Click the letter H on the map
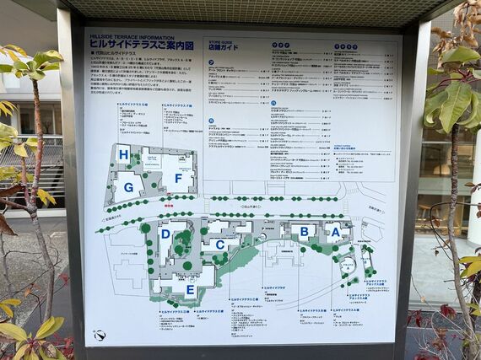point(123,154)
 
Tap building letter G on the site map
point(129,187)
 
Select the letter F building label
point(178,178)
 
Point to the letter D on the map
point(165,234)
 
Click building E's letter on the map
point(190,289)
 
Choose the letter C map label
point(220,244)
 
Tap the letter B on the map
point(304,231)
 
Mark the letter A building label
point(335,232)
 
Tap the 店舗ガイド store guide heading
point(224,46)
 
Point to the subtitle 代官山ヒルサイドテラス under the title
point(116,53)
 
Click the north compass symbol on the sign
point(100,335)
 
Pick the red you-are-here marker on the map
point(169,205)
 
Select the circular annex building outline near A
point(347,265)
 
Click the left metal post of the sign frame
point(70,185)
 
